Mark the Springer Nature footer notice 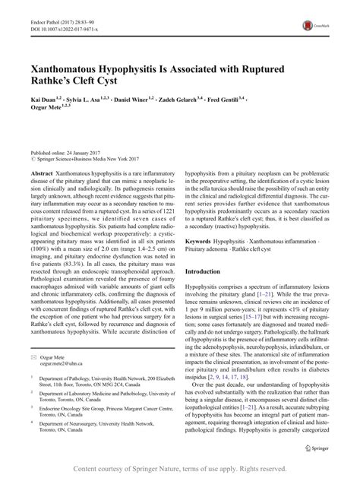point(179,470)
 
